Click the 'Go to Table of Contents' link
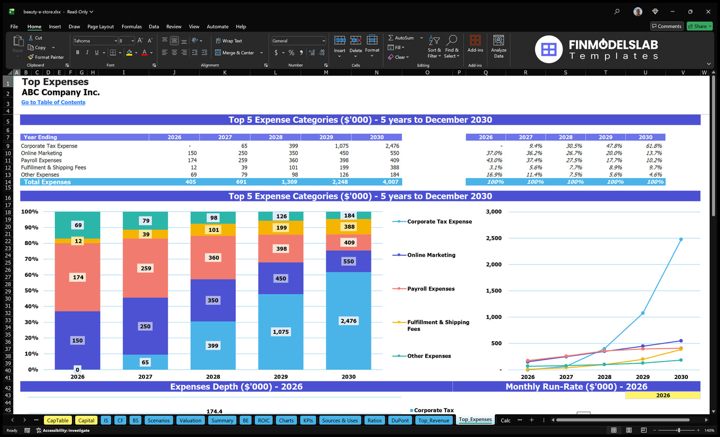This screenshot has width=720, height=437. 53,103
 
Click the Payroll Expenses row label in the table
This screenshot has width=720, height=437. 41,161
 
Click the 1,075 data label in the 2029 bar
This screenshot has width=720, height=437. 281,332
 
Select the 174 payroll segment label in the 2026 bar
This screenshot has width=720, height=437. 78,278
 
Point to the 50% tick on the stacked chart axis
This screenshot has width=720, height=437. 31,290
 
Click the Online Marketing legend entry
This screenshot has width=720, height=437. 431,255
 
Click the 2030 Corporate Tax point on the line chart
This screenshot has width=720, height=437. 681,239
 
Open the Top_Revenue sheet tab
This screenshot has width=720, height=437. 434,420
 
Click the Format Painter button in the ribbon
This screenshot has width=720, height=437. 46,57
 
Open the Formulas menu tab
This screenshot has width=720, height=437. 132,26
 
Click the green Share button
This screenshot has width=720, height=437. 699,26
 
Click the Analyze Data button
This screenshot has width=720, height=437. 499,46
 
